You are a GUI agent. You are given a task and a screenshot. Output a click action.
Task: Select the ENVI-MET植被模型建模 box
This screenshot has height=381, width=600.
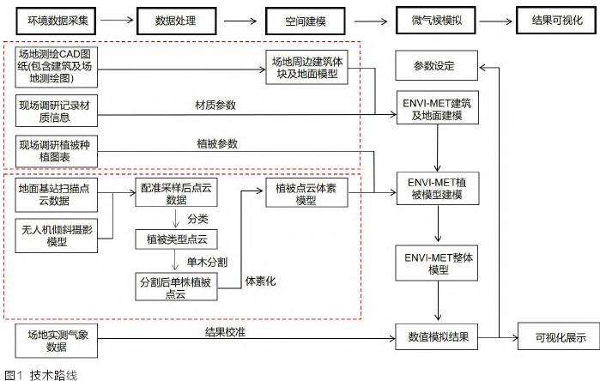[x=437, y=190]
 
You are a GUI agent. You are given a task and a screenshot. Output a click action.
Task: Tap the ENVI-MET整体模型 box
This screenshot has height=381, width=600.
[x=437, y=264]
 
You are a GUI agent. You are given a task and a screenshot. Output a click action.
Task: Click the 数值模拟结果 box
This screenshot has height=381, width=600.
[x=437, y=338]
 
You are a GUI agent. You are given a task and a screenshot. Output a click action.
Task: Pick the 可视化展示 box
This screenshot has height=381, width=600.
[x=555, y=338]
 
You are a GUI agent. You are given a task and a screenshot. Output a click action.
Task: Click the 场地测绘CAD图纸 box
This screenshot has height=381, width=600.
[x=55, y=67]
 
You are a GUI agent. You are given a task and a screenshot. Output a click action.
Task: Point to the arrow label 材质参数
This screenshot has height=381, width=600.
[x=215, y=106]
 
